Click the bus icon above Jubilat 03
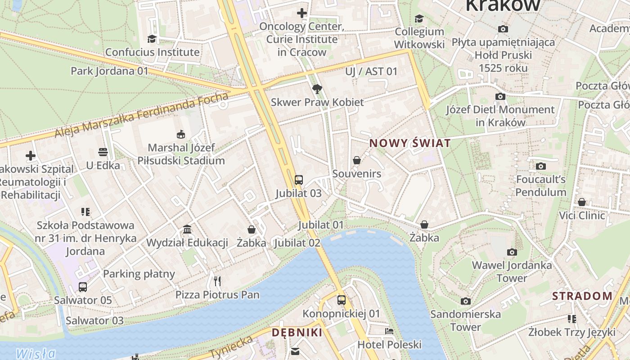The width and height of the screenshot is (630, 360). coord(298,180)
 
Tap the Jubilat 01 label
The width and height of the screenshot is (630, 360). coord(321,225)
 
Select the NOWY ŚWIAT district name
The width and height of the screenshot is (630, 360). coord(410,144)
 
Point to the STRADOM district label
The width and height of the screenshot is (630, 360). coord(582,296)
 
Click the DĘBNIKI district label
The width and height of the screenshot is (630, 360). coord(297,333)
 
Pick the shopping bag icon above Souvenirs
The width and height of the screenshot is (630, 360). coord(357,160)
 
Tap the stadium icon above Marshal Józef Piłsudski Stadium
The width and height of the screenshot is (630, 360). coord(180,134)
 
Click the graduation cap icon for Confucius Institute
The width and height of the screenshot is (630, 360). coord(152,39)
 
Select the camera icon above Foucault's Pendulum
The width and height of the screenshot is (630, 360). coord(541,166)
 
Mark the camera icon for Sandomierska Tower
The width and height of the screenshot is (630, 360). coord(466,301)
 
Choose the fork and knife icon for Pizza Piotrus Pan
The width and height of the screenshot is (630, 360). coord(217,281)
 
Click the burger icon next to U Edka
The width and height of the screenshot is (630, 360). coord(103,152)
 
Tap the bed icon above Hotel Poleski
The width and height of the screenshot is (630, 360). coord(389,331)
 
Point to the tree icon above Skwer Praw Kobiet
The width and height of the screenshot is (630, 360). coord(317,89)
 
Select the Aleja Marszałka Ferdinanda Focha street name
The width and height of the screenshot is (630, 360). coord(142,115)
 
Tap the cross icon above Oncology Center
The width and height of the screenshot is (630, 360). coord(302,13)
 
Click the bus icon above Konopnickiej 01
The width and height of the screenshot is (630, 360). coord(342,300)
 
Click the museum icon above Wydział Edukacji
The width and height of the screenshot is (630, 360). coord(187,229)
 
